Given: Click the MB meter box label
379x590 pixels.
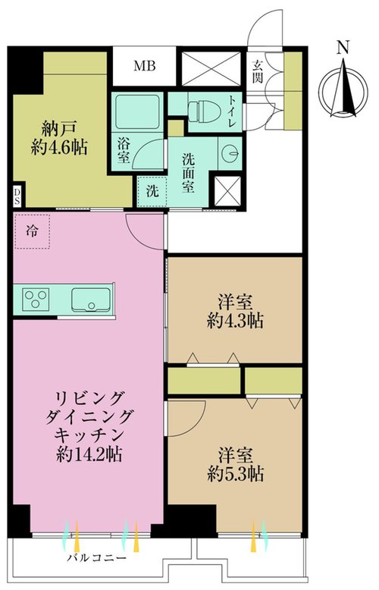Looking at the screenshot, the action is (x=145, y=66).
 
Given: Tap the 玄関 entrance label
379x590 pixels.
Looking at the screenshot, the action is (x=257, y=72).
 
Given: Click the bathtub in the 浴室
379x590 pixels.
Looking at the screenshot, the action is (x=137, y=111).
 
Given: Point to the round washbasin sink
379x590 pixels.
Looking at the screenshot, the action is (x=230, y=152).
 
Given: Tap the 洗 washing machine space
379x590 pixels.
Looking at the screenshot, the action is (x=152, y=192).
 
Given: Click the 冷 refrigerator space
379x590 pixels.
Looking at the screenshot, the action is (x=32, y=231).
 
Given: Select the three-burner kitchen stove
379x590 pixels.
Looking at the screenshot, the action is (x=36, y=299).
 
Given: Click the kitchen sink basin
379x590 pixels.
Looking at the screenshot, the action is (x=92, y=300).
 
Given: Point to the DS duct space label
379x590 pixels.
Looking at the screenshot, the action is (x=17, y=196).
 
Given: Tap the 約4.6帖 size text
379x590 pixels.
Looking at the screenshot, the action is (x=59, y=148).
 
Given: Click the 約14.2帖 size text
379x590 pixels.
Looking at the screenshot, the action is (x=89, y=455).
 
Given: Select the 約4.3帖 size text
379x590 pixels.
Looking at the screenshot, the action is (x=235, y=322).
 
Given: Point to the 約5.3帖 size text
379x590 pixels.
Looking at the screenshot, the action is (x=235, y=474).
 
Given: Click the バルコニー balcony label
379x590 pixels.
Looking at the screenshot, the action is (x=96, y=557).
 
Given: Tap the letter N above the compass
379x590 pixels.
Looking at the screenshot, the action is (x=343, y=48).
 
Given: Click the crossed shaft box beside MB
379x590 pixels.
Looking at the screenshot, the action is (x=211, y=69).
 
